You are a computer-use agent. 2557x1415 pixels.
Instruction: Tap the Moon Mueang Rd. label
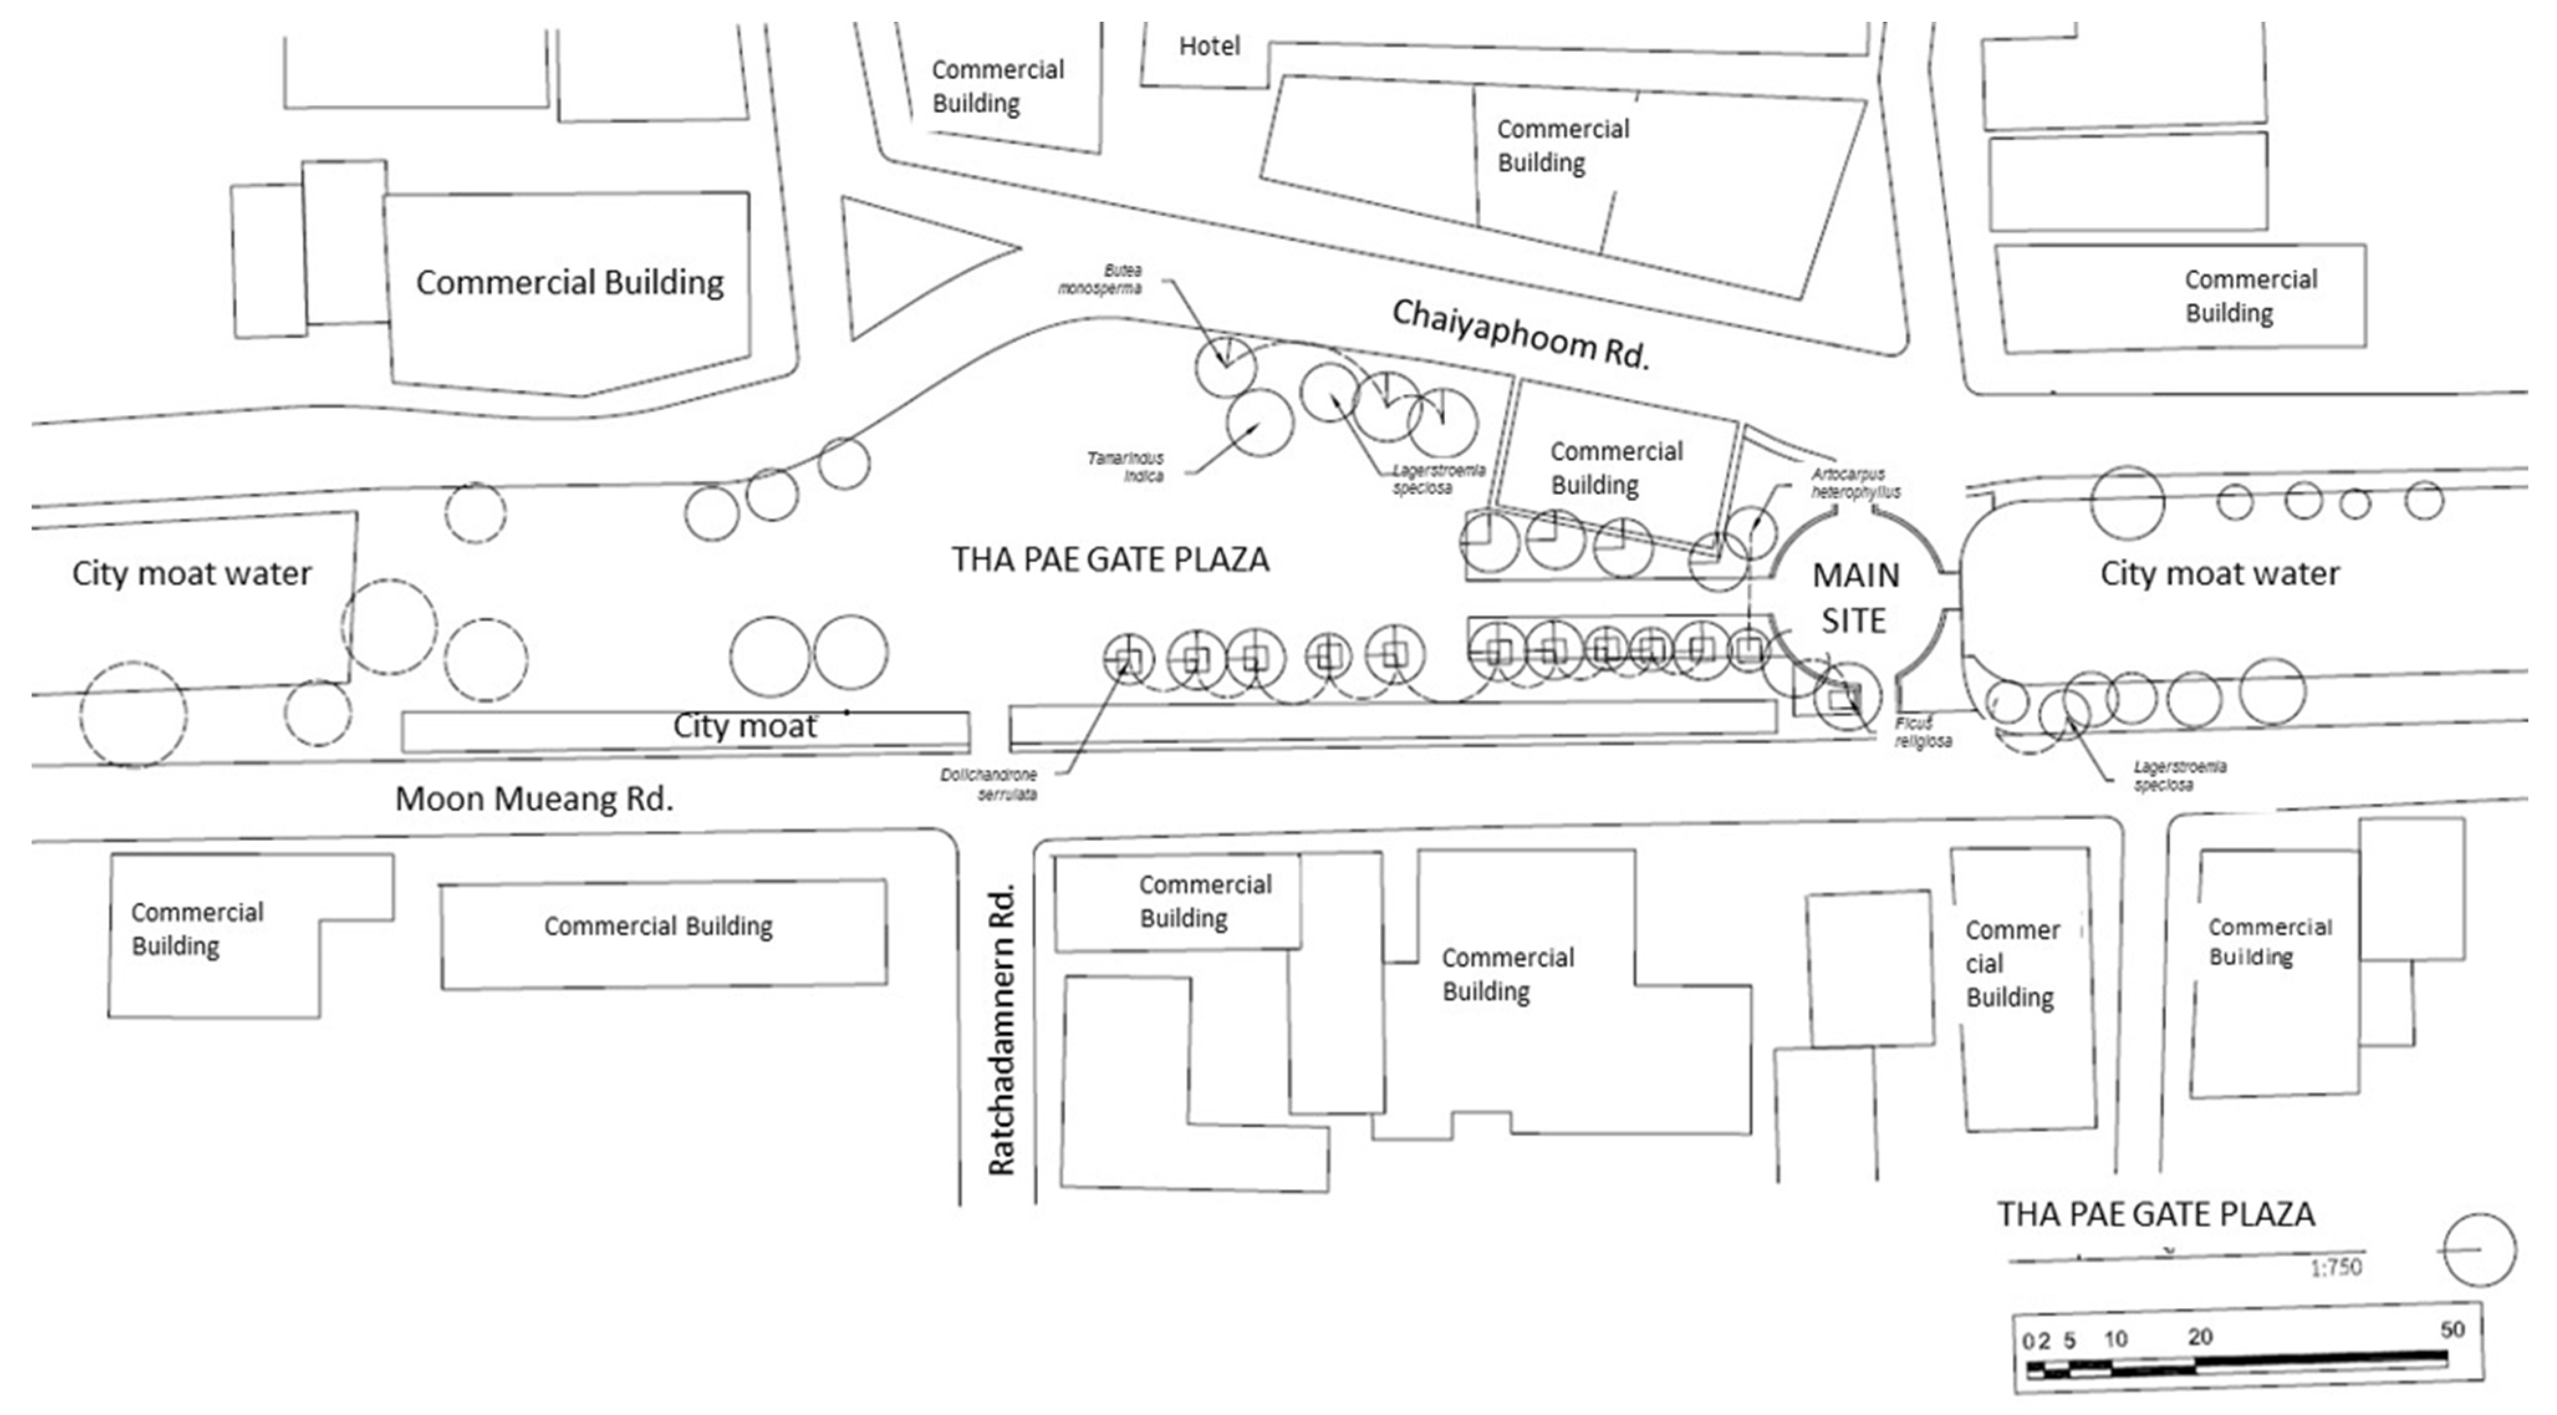(534, 798)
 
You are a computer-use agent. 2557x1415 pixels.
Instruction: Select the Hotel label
(1209, 45)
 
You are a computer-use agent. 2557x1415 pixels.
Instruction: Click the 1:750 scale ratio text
(2335, 1267)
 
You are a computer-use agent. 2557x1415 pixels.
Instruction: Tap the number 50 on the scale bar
(2452, 1329)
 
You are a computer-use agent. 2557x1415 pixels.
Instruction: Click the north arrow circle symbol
(2479, 1249)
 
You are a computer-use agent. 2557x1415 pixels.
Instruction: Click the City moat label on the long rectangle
(745, 726)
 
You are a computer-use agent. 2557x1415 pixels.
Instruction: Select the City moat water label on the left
(192, 573)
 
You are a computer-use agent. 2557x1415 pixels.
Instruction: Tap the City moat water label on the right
(2219, 573)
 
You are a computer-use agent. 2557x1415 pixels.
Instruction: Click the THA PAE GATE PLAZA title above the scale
(2156, 1213)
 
